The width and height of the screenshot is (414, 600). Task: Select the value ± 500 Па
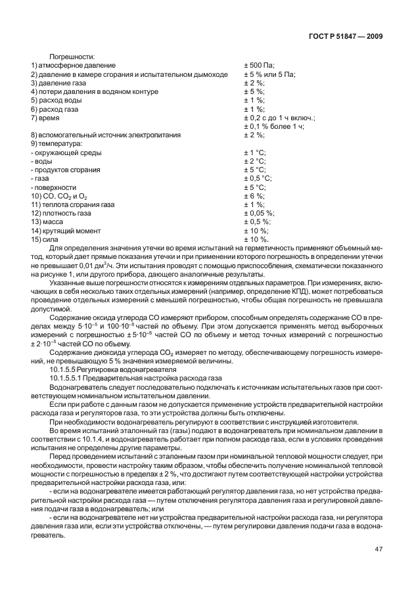[x=260, y=66]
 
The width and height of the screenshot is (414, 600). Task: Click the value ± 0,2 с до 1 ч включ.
[x=279, y=118]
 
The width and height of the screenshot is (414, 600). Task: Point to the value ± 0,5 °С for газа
[x=258, y=178]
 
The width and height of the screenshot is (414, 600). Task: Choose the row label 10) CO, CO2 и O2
[x=60, y=196]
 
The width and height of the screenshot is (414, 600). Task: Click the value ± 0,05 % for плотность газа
[x=260, y=213]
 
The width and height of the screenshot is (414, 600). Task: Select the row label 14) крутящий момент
[x=66, y=231]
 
